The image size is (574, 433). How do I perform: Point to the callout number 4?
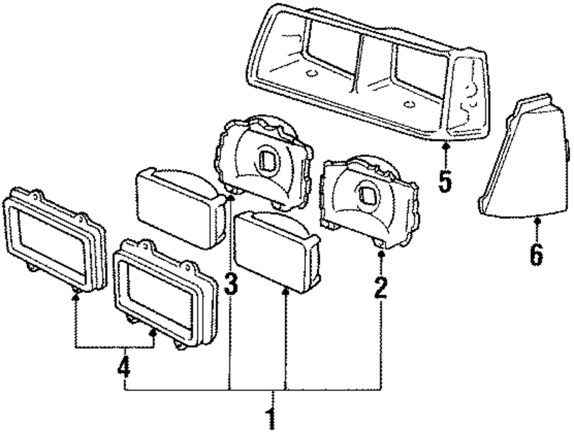124,368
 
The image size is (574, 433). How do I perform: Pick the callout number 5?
445,181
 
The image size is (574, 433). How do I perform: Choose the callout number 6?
536,253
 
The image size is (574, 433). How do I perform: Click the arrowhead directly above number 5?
445,149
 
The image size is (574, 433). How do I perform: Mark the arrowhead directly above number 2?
381,253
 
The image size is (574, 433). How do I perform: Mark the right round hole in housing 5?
409,104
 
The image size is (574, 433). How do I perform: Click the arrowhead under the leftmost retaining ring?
75,295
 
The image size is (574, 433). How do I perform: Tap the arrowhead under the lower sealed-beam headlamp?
285,291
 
